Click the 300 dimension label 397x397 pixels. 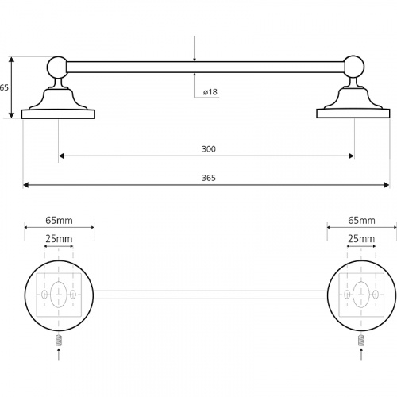[x=209, y=149]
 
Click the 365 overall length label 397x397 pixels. [x=209, y=178]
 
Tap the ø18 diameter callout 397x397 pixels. [x=210, y=92]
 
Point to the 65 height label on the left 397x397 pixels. [x=4, y=87]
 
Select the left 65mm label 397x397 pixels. [x=59, y=220]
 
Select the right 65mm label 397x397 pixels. [x=361, y=220]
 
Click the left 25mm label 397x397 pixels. [x=59, y=239]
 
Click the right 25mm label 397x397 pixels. [x=361, y=239]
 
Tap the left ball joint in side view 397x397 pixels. [x=57, y=67]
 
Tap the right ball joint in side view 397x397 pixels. [x=354, y=67]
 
